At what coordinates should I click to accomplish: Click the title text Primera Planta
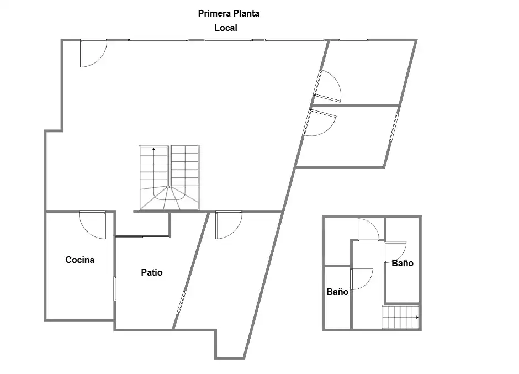(x=229, y=14)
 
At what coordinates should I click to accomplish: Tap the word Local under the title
(x=226, y=28)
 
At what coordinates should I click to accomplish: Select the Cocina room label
(x=80, y=260)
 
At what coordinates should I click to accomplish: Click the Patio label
(x=152, y=273)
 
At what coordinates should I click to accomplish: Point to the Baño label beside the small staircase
(x=403, y=264)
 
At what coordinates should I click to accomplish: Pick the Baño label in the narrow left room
(x=337, y=292)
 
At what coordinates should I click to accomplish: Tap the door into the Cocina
(x=92, y=225)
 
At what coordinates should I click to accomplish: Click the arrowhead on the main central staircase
(x=153, y=149)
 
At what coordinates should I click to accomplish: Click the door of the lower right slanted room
(x=320, y=123)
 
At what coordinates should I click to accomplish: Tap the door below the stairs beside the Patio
(x=229, y=225)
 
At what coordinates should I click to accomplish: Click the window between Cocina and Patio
(x=115, y=289)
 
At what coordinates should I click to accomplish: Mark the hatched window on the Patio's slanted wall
(x=182, y=302)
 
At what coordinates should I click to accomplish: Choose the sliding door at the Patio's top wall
(x=142, y=236)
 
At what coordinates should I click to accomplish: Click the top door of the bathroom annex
(x=368, y=230)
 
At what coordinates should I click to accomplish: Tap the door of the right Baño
(x=395, y=252)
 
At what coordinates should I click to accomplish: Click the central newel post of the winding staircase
(x=169, y=187)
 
